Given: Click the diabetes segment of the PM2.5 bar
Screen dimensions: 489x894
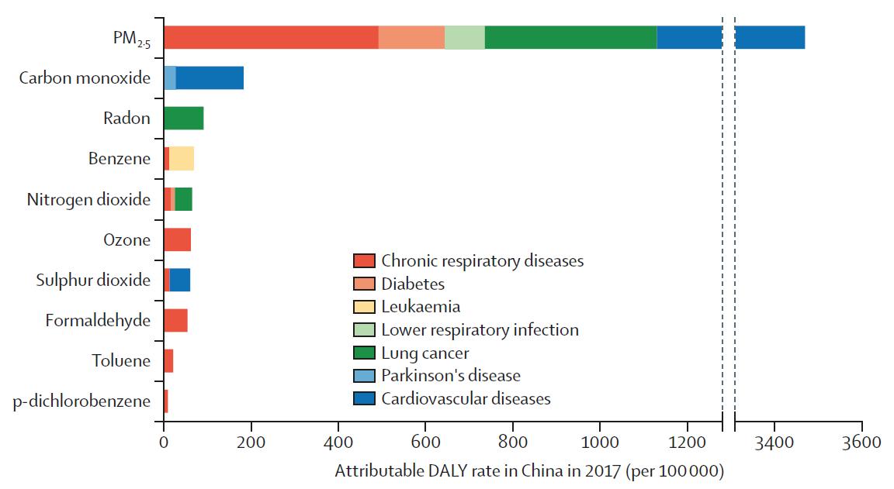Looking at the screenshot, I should [411, 37].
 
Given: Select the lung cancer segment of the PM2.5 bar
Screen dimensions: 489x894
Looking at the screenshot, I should [570, 37].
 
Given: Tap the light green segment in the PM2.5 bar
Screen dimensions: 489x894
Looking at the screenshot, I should [465, 37].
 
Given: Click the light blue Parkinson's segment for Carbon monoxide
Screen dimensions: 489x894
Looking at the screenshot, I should [170, 77].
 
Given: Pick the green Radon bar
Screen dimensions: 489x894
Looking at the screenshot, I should [183, 119].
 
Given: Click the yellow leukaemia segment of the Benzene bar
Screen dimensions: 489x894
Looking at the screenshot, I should [182, 159].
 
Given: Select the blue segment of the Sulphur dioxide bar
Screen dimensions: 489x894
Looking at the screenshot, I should [179, 280].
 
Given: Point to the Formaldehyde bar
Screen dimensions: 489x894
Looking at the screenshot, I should [175, 320].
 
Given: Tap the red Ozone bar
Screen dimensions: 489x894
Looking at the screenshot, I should [177, 239].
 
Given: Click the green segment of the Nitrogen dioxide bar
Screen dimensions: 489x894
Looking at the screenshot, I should [183, 199].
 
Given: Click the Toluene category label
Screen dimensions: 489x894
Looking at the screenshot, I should [121, 360].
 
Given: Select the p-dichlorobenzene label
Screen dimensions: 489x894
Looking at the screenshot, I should [82, 401].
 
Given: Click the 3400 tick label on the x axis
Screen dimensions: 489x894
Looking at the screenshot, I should [774, 443].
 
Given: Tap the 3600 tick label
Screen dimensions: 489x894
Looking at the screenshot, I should [861, 443].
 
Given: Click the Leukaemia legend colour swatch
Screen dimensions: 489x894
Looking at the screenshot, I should [364, 307].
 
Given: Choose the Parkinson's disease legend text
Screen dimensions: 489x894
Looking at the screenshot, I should [451, 376].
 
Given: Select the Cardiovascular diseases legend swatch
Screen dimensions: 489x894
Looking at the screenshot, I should [364, 399].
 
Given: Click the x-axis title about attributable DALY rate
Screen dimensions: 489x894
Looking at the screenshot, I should [529, 470].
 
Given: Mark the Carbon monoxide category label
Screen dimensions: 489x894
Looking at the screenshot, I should [85, 77].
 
